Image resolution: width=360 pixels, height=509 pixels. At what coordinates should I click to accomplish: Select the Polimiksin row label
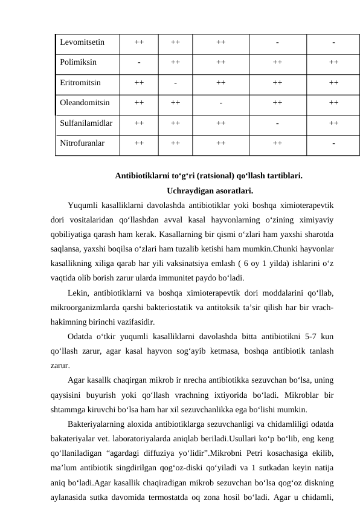(x=78, y=62)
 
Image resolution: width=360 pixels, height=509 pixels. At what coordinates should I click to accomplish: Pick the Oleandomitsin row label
(x=85, y=102)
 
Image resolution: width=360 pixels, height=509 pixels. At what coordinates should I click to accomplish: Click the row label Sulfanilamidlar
(x=86, y=123)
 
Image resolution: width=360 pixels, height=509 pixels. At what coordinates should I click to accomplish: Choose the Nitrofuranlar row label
(x=82, y=144)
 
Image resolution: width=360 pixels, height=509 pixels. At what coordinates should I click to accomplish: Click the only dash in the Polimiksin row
(x=139, y=62)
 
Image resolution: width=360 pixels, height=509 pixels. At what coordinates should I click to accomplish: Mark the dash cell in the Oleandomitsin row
(x=221, y=102)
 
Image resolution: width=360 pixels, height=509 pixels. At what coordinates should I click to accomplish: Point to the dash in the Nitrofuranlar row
(x=333, y=144)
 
